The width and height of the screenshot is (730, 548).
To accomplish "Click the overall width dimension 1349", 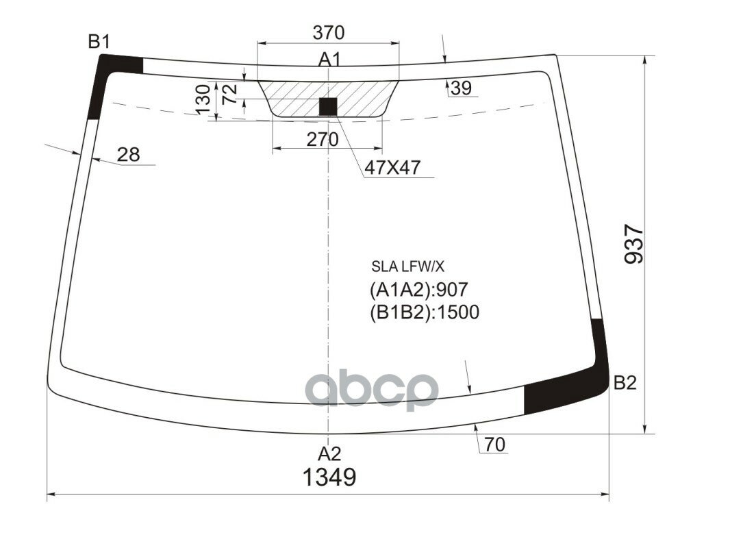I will click(x=329, y=477).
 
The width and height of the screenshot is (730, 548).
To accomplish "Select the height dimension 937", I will click(x=634, y=245).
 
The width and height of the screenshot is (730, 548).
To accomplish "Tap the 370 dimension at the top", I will click(x=328, y=32).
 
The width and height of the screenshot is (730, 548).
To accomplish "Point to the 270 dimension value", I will click(x=322, y=140).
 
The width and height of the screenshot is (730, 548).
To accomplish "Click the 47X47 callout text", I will click(x=392, y=166).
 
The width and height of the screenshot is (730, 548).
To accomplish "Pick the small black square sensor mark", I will click(x=329, y=106).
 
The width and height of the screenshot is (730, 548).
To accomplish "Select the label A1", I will click(x=329, y=60).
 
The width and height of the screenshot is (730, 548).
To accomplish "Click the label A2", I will click(x=329, y=453).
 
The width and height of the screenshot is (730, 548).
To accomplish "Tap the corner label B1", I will click(x=99, y=42).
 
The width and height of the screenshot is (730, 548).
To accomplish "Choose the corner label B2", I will click(x=625, y=383).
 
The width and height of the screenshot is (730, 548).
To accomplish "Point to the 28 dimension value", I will click(x=128, y=155).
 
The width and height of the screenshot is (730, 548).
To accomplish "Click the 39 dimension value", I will click(x=461, y=88).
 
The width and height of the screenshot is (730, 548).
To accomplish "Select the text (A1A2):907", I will click(x=418, y=290).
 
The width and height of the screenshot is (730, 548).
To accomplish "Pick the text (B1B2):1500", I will click(x=424, y=312).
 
